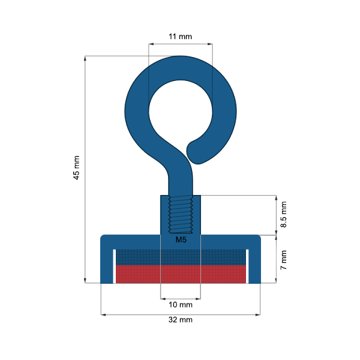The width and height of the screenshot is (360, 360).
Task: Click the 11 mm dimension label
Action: (180, 37)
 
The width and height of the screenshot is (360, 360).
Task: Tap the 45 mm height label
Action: (76, 168)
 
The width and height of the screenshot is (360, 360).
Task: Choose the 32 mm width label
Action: (180, 320)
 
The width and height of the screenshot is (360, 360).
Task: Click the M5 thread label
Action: (181, 240)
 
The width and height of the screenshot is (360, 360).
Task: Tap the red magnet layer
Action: (180, 274)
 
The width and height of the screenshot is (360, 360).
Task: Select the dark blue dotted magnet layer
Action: (180, 257)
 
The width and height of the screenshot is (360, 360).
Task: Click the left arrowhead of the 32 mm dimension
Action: (103, 314)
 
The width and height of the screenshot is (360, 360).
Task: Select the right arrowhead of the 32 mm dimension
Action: (259, 314)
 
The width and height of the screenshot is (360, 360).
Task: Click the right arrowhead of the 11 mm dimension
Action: (209, 44)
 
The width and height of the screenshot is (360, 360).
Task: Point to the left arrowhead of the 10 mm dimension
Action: (163, 298)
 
